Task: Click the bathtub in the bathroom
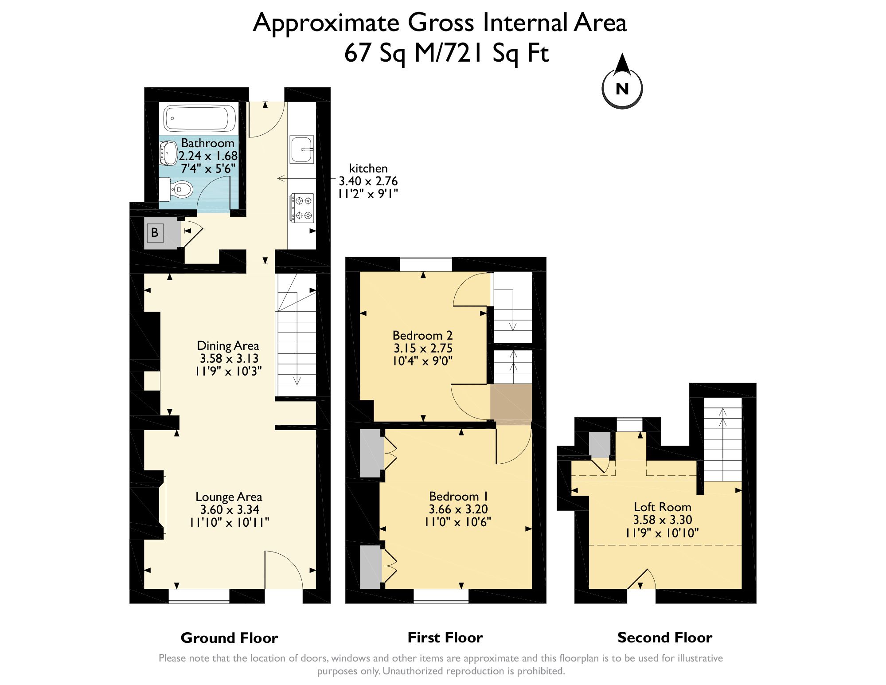[x=199, y=118]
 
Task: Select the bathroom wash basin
[x=168, y=153]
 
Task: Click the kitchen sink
[x=302, y=149]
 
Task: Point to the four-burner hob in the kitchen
[x=303, y=208]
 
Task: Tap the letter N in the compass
[x=622, y=89]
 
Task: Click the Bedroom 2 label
[x=422, y=335]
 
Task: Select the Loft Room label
[x=662, y=507]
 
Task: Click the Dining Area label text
[x=228, y=345]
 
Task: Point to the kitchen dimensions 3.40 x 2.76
[x=368, y=181]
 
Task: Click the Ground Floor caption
[x=229, y=638]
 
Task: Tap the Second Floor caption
[x=664, y=637]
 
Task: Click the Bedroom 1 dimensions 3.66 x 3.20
[x=458, y=509]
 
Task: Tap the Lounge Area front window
[x=199, y=596]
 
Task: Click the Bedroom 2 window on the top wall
[x=425, y=264]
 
